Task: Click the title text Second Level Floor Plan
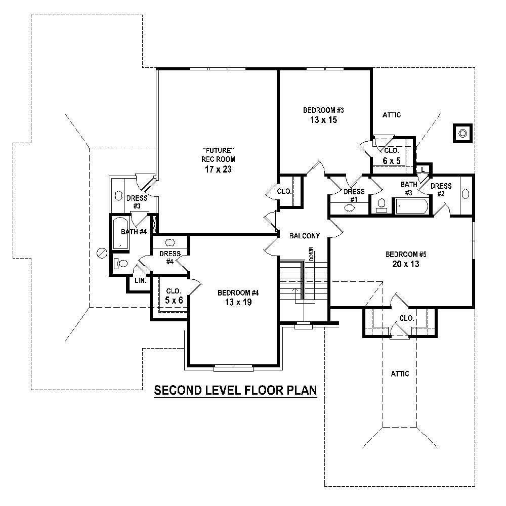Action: [x=235, y=390]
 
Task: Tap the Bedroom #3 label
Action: [x=323, y=110]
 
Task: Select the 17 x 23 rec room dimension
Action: [x=218, y=170]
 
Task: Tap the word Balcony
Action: [x=304, y=236]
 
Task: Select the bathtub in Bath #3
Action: [x=411, y=206]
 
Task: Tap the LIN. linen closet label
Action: [x=140, y=280]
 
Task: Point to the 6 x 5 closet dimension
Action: [x=391, y=161]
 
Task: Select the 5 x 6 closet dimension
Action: [x=174, y=300]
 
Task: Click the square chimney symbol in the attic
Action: [x=462, y=134]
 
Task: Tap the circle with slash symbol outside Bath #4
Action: [x=102, y=252]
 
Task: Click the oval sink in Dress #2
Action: [x=466, y=193]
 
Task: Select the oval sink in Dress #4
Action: [x=170, y=242]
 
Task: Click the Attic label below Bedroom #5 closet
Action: [x=399, y=373]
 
